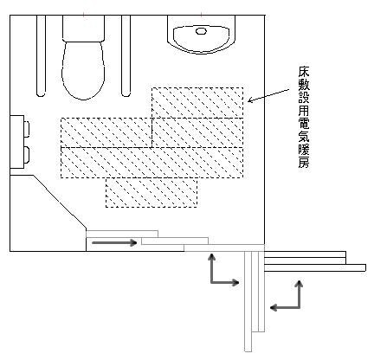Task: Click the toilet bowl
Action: point(83,71)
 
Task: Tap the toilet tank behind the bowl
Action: point(83,29)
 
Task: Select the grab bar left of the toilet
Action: point(41,55)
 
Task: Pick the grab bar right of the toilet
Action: point(126,55)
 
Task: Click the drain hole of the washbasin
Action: point(201,31)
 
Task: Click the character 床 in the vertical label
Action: point(304,72)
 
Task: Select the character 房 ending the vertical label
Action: point(304,162)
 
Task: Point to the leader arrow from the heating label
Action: point(268,96)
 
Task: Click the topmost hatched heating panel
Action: point(197,103)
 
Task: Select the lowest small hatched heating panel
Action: point(152,192)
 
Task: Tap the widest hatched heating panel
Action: point(152,163)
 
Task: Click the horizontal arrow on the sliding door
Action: point(114,243)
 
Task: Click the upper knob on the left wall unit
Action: point(26,129)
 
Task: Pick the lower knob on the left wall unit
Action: point(26,154)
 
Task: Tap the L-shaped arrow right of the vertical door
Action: point(300,306)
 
